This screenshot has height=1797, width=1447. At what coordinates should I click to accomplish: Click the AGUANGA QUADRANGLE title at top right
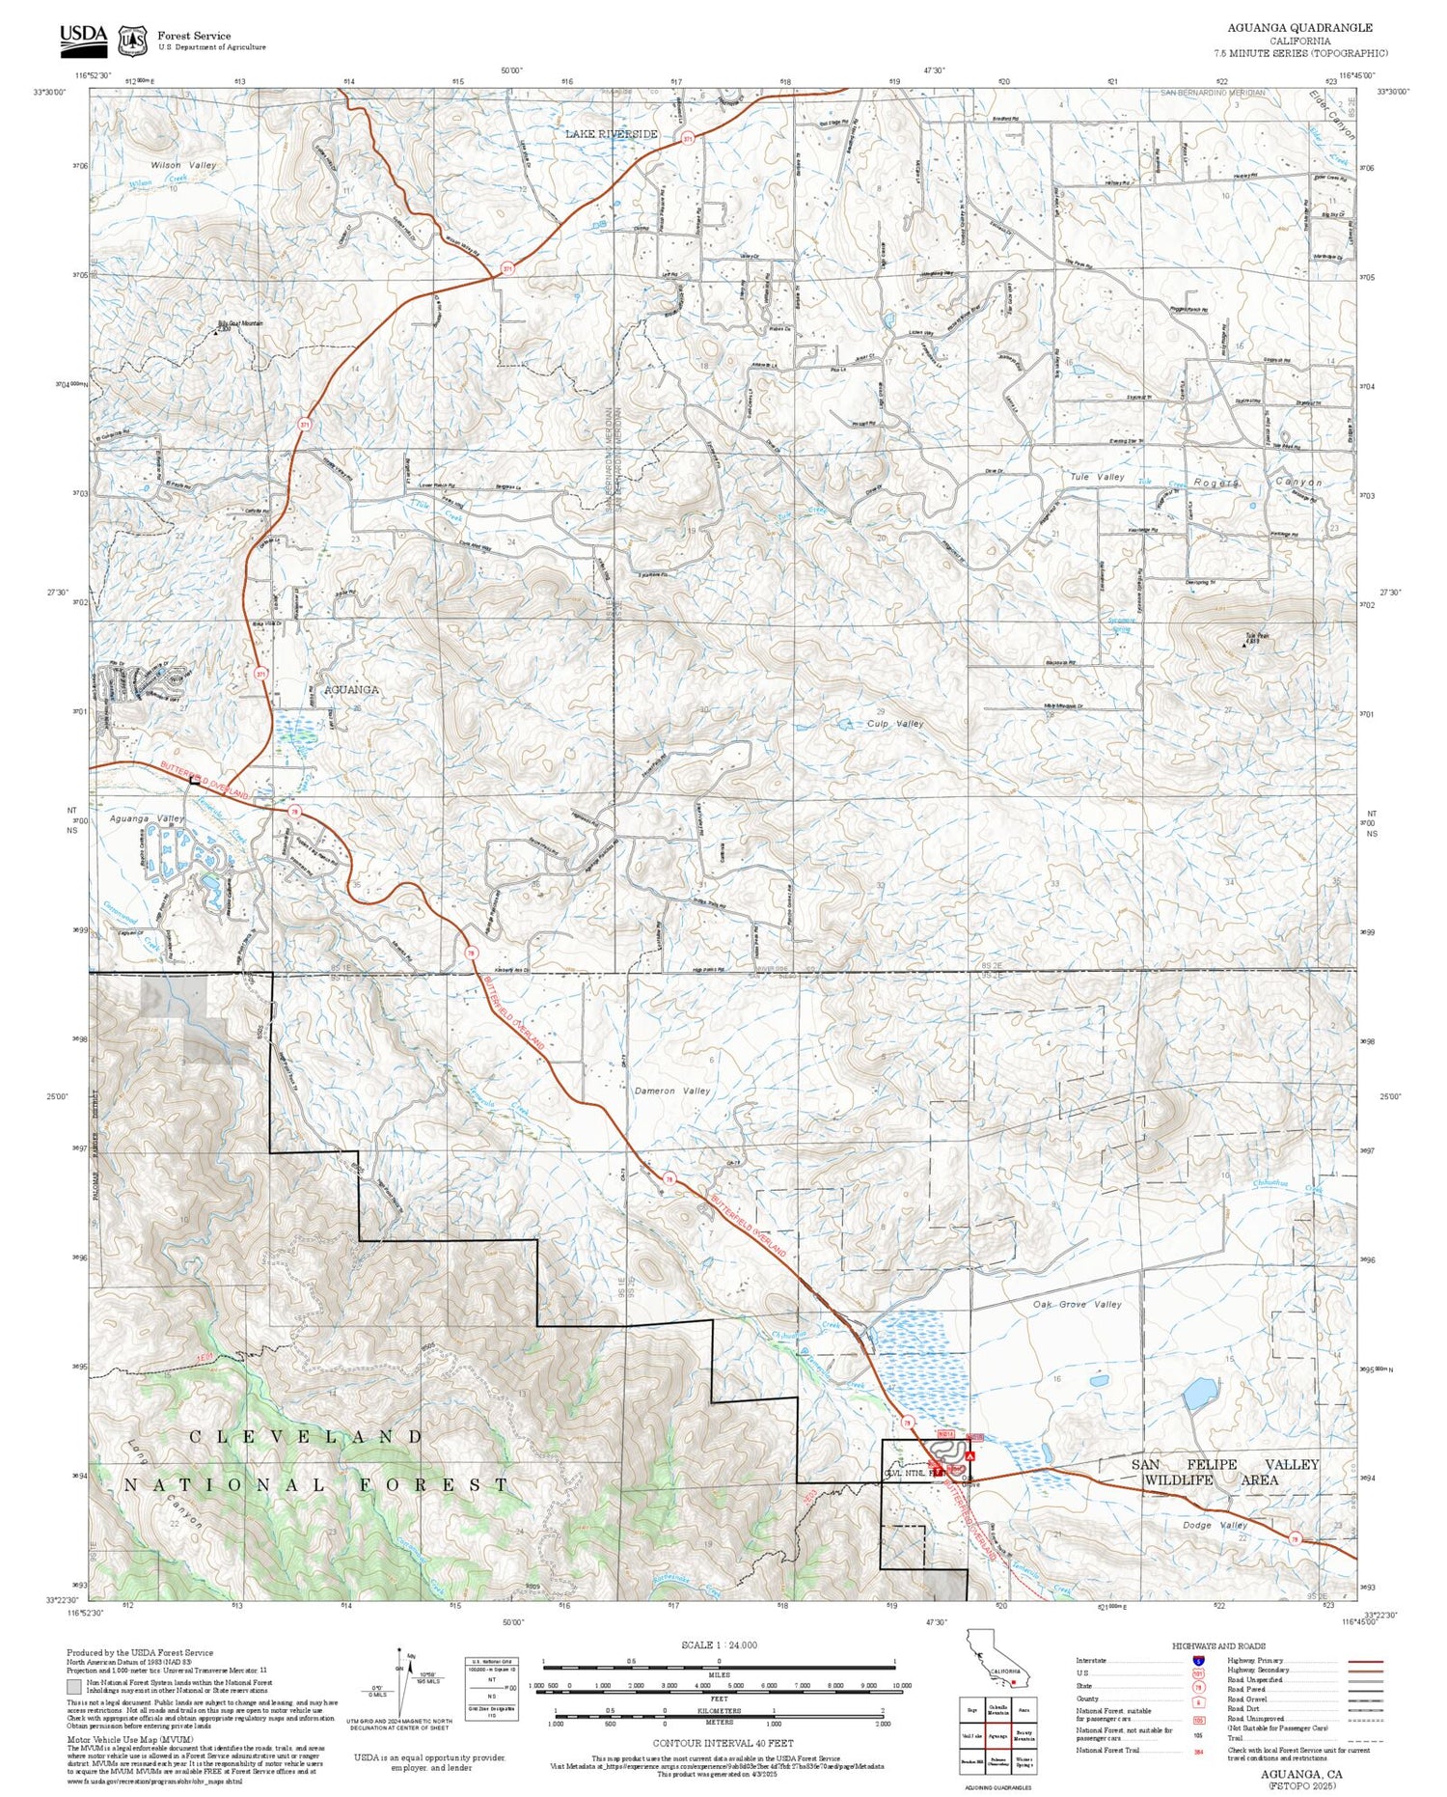point(1299,28)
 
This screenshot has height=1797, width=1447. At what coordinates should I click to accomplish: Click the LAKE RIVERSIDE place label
point(612,134)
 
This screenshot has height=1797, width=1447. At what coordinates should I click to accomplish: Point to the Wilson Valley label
point(183,165)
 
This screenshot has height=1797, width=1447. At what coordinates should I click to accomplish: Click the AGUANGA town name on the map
point(351,690)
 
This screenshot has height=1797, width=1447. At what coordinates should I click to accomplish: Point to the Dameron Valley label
point(672,1091)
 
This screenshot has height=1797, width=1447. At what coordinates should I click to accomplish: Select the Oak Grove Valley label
point(1077,1304)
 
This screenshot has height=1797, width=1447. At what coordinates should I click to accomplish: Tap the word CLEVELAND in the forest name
point(306,1437)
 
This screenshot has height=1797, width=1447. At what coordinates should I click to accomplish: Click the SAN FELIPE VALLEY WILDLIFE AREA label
point(1224,1472)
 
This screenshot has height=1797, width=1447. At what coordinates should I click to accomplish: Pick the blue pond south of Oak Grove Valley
point(1200,1393)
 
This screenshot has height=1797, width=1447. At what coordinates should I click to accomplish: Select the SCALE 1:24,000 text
point(719,1645)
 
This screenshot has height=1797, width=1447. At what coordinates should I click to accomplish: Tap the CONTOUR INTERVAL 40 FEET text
point(723,1743)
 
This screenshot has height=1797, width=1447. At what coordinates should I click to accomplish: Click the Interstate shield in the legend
point(1198,1660)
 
